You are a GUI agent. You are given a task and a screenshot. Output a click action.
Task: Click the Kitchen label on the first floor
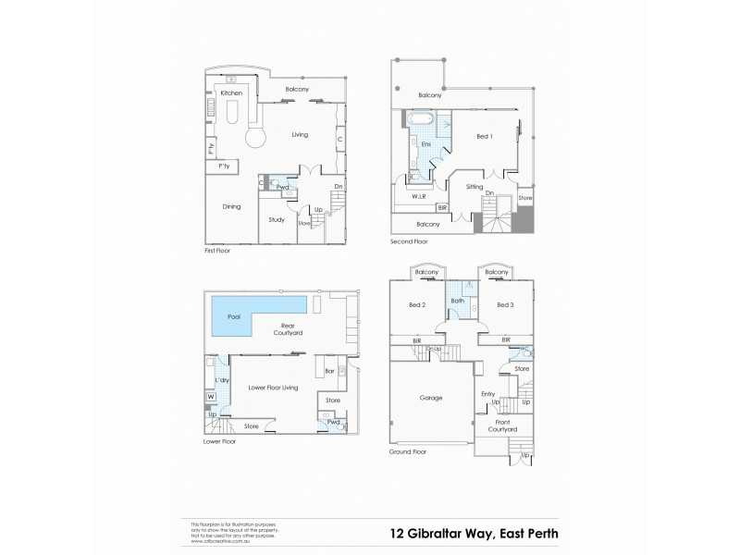(231, 93)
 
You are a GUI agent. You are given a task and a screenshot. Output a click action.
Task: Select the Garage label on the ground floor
(431, 398)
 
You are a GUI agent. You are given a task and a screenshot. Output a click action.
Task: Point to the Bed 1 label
(485, 136)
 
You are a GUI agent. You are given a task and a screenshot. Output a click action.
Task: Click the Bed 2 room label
(417, 304)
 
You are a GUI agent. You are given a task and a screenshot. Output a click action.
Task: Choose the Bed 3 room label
(504, 304)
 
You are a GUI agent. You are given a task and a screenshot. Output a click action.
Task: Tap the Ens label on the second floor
(425, 144)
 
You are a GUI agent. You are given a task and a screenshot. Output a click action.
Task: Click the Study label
(277, 219)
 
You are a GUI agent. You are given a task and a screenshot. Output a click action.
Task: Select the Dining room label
(231, 206)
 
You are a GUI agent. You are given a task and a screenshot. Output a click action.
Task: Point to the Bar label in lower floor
(330, 372)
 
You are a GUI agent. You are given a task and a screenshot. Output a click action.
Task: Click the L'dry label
(222, 380)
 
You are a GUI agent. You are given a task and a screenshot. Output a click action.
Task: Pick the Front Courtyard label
(500, 426)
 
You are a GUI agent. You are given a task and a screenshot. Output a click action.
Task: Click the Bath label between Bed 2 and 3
(457, 301)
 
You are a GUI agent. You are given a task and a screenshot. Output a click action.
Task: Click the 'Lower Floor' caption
(220, 441)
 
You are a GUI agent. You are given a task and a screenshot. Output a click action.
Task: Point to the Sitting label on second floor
(475, 187)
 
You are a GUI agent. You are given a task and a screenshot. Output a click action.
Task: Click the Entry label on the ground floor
(488, 393)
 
